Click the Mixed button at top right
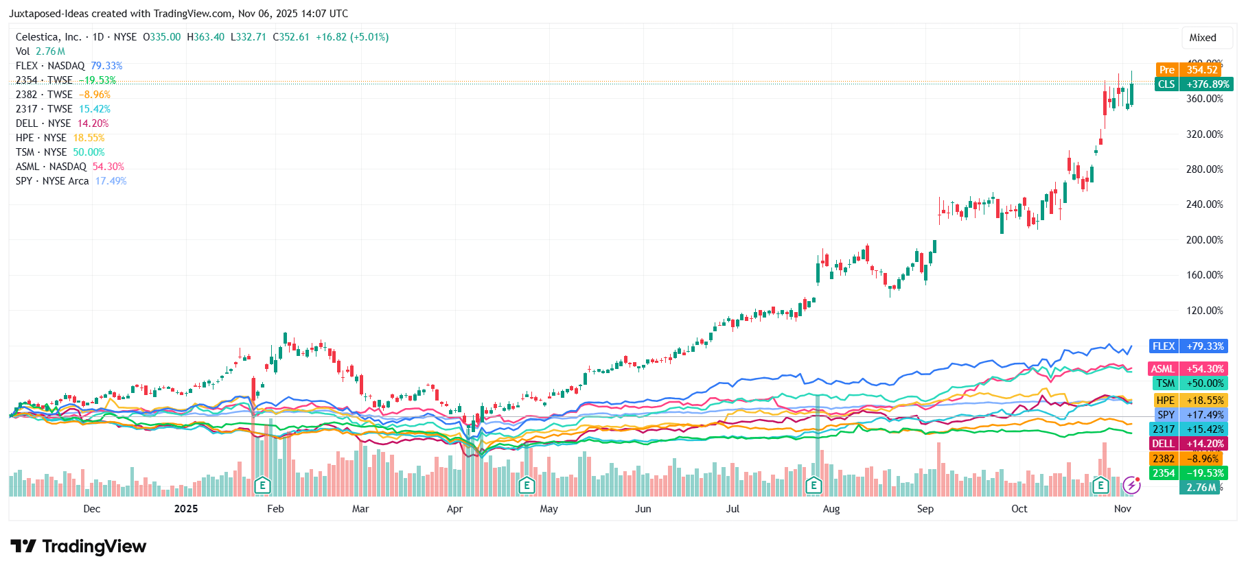(1202, 38)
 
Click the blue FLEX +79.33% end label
(1188, 346)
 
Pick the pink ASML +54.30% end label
(1188, 369)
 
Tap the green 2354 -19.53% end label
(1188, 473)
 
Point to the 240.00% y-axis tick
(1204, 204)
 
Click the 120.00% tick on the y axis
(1204, 311)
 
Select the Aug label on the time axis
(831, 509)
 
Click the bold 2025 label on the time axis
(186, 509)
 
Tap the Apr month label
(454, 509)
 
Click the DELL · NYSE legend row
(62, 123)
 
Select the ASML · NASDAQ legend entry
(69, 167)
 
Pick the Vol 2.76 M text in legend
(41, 51)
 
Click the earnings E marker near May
(527, 486)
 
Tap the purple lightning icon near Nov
(1131, 486)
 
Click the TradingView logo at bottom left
(78, 547)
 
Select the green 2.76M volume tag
(1201, 488)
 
